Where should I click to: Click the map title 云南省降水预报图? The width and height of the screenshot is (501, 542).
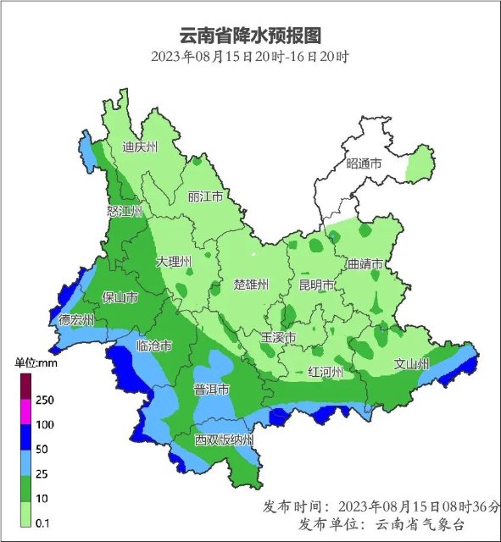[251, 36]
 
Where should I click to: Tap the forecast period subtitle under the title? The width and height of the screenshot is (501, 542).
[251, 57]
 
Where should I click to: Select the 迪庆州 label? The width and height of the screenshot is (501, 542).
[140, 147]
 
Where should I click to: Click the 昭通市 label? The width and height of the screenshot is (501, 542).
[365, 163]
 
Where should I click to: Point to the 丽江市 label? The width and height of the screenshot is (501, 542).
[205, 196]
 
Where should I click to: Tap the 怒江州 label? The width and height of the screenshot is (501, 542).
[124, 211]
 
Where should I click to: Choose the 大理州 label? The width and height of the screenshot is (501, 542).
[174, 262]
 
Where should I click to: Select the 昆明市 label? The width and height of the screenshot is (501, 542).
[316, 284]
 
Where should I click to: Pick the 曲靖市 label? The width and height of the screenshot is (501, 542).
[365, 264]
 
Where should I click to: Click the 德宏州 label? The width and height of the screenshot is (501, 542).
[77, 320]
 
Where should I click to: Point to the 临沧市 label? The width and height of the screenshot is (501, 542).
[154, 346]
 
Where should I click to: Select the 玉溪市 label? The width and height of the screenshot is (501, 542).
[277, 338]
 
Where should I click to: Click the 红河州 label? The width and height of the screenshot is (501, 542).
[325, 372]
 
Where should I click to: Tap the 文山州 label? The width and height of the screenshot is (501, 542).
[412, 364]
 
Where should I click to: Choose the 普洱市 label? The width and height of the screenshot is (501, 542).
[212, 390]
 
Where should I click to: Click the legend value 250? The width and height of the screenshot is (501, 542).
[45, 400]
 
